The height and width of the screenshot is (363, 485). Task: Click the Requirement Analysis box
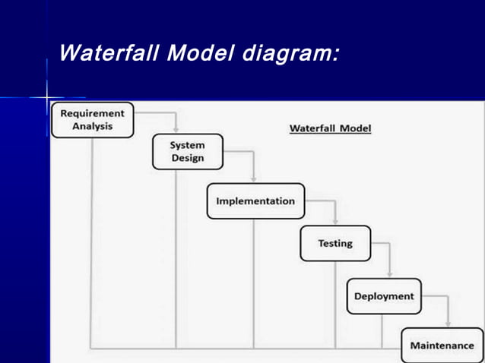[x=92, y=120]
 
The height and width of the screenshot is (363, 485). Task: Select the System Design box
[x=188, y=152]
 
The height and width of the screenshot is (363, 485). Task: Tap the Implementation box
[x=255, y=201]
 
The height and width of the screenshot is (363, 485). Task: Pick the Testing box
[x=335, y=244]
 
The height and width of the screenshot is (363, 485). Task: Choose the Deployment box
[x=384, y=296]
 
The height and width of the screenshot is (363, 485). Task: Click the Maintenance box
[x=442, y=346]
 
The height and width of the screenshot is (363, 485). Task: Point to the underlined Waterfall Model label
[x=330, y=128]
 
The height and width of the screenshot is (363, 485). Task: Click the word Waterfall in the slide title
[x=109, y=54]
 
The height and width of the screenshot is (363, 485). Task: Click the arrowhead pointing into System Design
[x=176, y=129]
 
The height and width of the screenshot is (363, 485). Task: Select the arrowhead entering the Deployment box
[x=389, y=274]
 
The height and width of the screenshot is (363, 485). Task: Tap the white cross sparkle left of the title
[x=47, y=98]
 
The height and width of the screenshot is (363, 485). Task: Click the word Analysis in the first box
[x=92, y=127]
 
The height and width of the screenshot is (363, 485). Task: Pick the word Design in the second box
[x=188, y=159]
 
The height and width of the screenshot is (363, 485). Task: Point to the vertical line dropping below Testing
[x=335, y=304]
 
